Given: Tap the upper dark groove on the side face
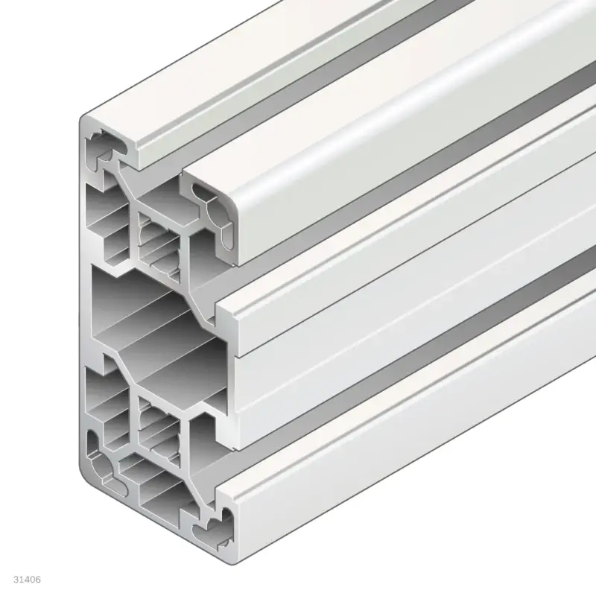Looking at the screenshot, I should (417, 223).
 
